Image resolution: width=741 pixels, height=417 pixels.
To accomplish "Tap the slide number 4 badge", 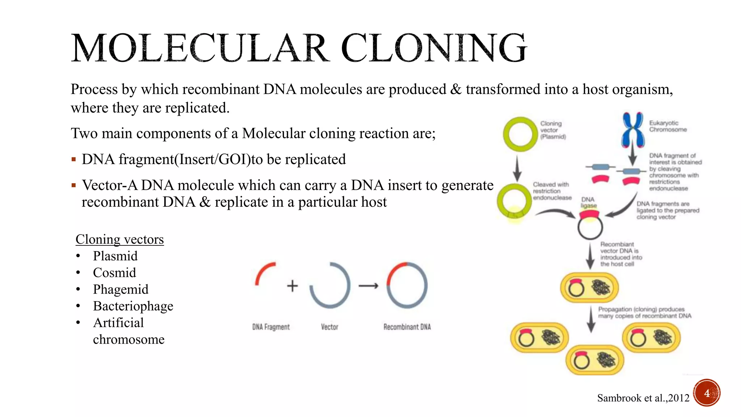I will pos(707,393).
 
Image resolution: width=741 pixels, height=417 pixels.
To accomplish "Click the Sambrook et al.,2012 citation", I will pos(643,398).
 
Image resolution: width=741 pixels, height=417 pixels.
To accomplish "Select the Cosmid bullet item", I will pos(114,273).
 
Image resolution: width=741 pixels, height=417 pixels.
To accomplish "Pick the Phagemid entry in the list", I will pos(120,289).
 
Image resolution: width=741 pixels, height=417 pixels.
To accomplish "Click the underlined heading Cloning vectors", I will pos(119,239).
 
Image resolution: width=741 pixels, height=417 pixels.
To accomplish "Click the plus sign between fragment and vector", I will pos(292,286).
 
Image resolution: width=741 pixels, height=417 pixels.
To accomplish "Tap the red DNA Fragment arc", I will pos(263,272).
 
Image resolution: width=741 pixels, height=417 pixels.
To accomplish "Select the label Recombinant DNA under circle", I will pos(407,327).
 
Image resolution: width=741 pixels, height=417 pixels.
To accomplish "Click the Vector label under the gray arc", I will pos(329,327).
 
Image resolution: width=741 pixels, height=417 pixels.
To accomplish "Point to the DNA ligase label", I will pos(588,202).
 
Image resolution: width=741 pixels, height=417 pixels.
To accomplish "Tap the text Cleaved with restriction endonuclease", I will pos(551,191).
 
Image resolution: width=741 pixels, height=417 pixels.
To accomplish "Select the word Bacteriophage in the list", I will pos(133,306).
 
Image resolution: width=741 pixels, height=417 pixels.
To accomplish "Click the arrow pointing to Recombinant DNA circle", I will pos(368,286).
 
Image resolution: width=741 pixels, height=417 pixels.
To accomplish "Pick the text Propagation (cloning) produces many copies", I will pos(644,312).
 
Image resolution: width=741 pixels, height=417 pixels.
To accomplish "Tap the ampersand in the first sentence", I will pos(456,89).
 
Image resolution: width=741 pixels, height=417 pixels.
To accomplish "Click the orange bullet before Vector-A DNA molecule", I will pos(74,185).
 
